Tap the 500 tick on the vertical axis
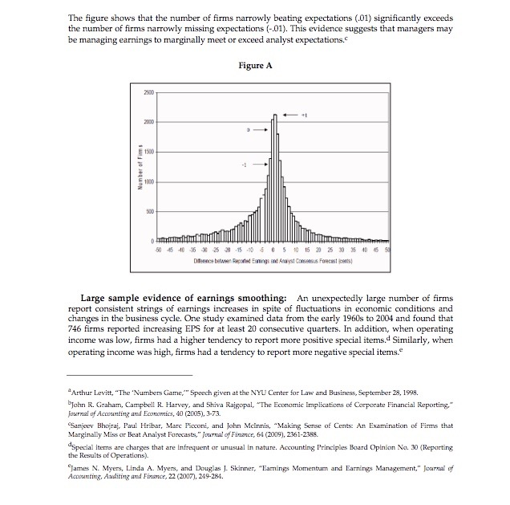pyautogui.click(x=147, y=212)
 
